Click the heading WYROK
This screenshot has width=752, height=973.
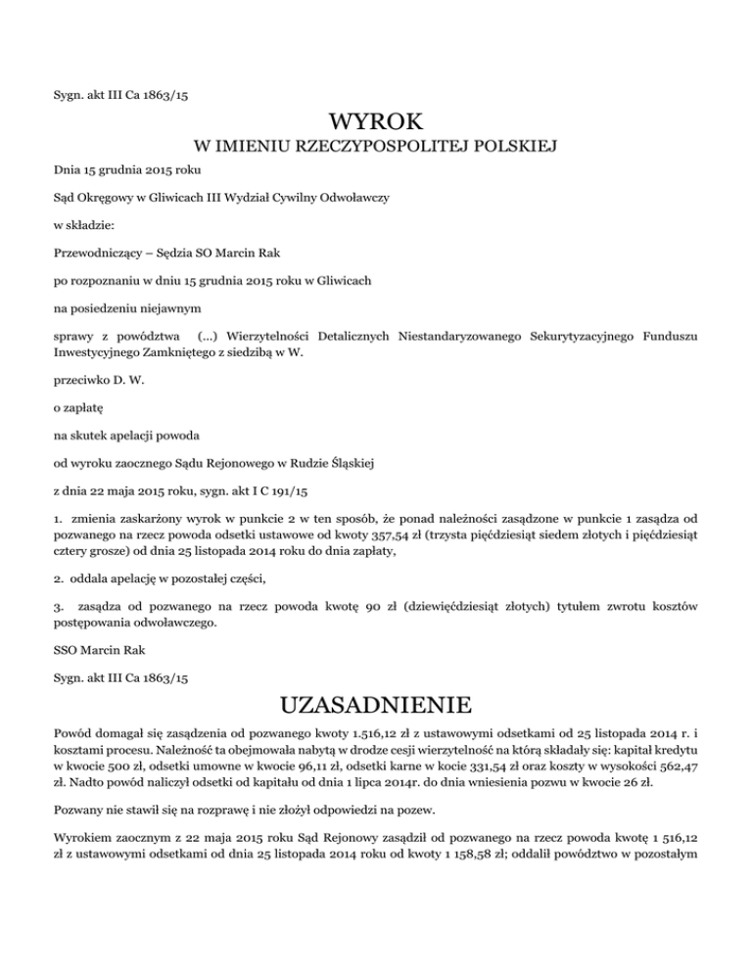tap(376, 123)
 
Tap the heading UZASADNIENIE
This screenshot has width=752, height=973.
tap(376, 706)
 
